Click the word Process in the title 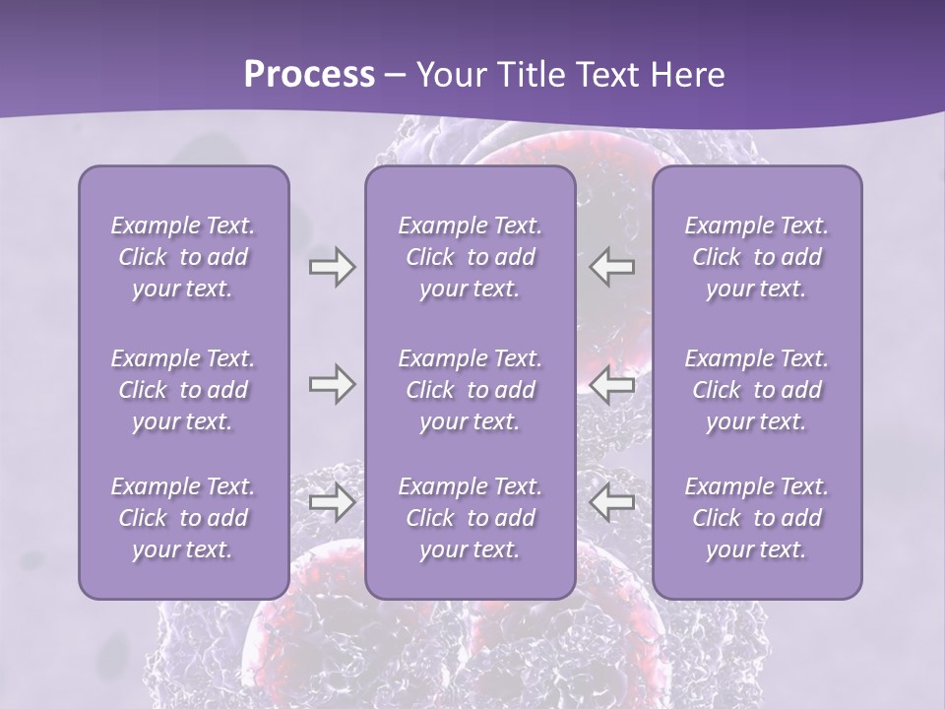(309, 75)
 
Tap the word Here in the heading (686, 75)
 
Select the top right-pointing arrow (332, 267)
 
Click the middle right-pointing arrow (332, 384)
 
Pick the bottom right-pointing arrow (332, 502)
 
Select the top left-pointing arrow (612, 267)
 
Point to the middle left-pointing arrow (612, 384)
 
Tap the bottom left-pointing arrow (612, 502)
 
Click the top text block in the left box (183, 257)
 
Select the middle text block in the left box (183, 390)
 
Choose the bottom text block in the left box (183, 518)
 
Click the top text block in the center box (470, 257)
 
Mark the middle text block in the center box (470, 390)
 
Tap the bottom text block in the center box (470, 518)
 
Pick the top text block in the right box (756, 257)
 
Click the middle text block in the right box (756, 390)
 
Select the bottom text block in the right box (756, 518)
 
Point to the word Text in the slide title (607, 75)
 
